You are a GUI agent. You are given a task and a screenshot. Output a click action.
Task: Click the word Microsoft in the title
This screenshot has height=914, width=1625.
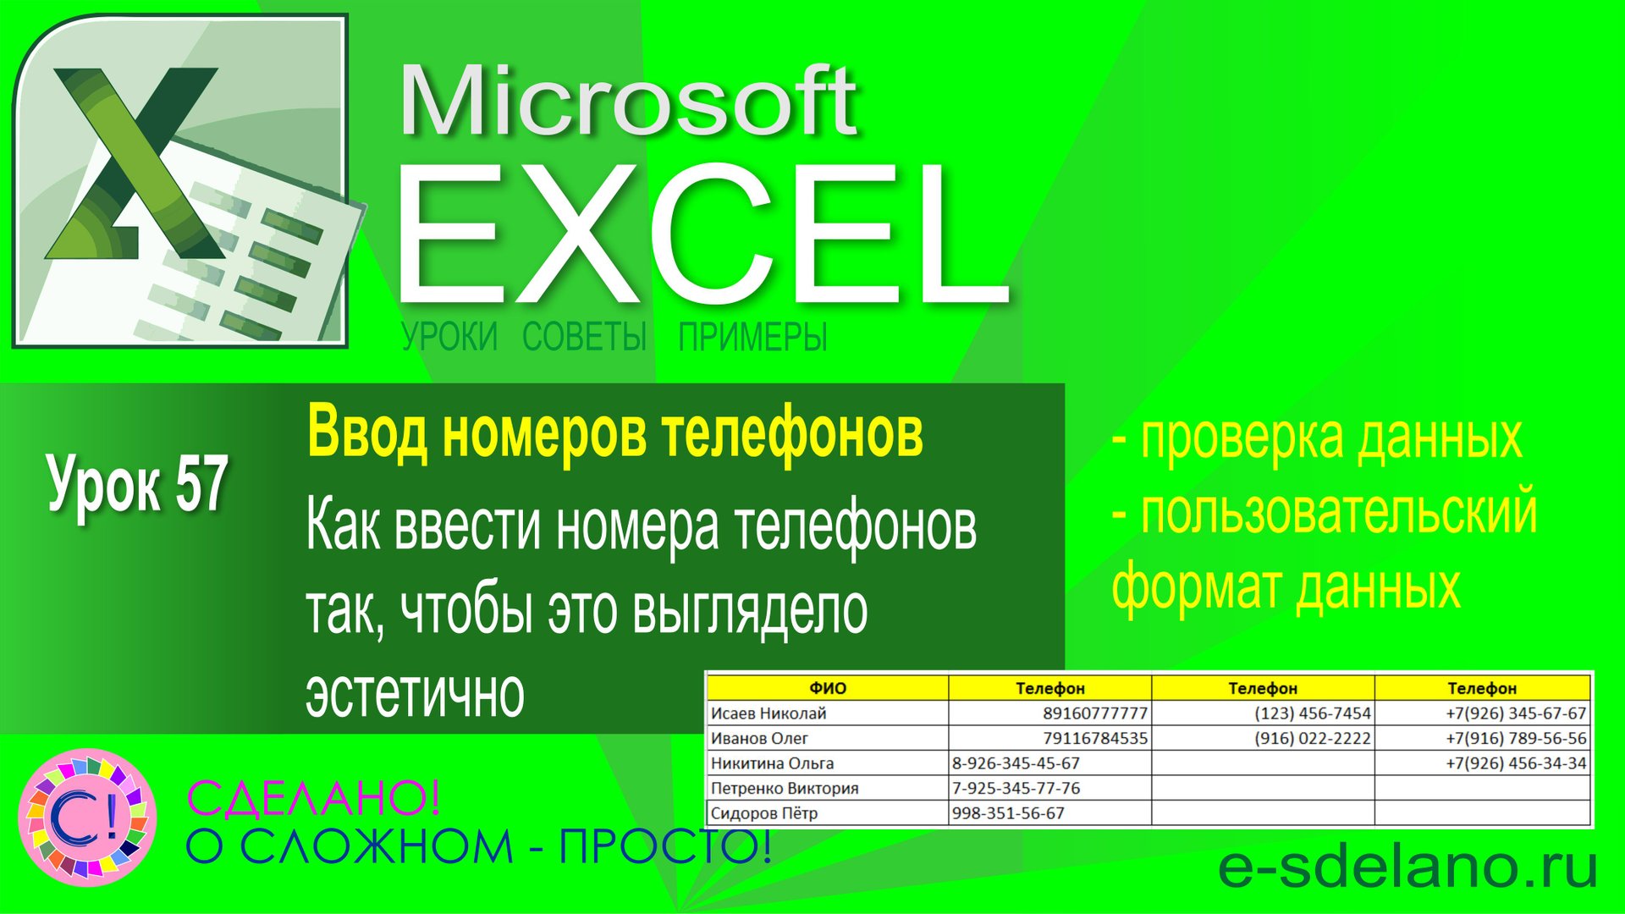click(x=628, y=102)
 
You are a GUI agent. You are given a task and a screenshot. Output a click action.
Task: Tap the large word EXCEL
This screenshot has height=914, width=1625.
click(x=702, y=233)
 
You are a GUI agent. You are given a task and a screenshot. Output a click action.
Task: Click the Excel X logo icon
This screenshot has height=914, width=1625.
click(x=180, y=179)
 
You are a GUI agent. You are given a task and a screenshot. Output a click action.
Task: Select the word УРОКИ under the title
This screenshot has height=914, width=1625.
click(x=449, y=337)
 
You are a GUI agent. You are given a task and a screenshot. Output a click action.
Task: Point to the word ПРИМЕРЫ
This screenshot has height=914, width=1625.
click(x=752, y=337)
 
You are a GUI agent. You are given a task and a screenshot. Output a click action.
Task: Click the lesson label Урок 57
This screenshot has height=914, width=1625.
click(x=137, y=484)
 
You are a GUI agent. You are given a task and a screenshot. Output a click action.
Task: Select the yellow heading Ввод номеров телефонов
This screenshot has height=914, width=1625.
click(x=614, y=433)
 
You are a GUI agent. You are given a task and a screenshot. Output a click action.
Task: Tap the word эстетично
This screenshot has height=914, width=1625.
click(x=415, y=694)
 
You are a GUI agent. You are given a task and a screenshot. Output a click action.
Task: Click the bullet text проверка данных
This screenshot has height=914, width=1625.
click(x=1330, y=438)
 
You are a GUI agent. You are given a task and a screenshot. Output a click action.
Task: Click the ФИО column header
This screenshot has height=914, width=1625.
click(x=827, y=688)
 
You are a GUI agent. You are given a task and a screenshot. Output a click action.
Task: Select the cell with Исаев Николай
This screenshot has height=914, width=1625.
click(x=768, y=713)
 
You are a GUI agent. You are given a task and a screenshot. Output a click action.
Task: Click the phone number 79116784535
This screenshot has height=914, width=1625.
click(x=1095, y=738)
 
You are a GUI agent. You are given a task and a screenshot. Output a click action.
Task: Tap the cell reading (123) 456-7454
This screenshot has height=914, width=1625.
click(x=1312, y=713)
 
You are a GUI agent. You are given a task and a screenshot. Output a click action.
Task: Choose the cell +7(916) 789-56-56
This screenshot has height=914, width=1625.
click(x=1516, y=738)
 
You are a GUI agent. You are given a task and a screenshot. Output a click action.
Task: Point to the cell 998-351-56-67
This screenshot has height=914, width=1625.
click(x=1008, y=813)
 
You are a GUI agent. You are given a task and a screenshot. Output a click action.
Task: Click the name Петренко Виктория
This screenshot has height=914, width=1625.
click(x=785, y=788)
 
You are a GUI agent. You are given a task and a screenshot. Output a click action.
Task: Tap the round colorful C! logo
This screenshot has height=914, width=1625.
click(x=87, y=818)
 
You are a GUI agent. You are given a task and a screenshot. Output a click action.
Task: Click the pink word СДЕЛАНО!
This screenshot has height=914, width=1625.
click(x=313, y=798)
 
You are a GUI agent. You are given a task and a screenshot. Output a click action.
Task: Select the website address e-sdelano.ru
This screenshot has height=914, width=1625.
click(x=1407, y=867)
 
